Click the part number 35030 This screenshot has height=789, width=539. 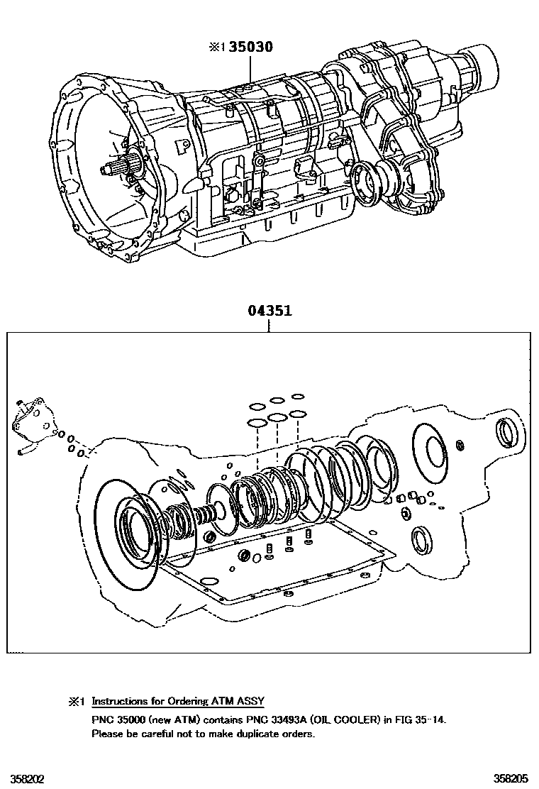coord(250,48)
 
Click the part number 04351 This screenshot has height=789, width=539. coord(270,311)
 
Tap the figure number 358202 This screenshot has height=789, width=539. coord(23,778)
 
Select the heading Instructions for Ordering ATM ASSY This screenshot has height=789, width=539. coord(178,702)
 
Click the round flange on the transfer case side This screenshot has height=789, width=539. coord(369,184)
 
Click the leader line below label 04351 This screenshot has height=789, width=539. coord(270,325)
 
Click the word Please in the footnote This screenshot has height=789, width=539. coord(106,734)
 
